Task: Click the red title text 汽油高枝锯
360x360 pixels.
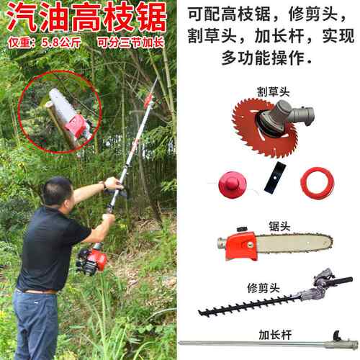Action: point(86,18)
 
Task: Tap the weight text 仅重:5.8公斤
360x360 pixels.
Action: point(45,42)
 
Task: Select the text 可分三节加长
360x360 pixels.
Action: point(131,42)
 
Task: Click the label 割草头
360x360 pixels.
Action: point(274,91)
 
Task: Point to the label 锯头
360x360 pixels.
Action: point(279,226)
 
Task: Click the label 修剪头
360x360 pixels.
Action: point(264,288)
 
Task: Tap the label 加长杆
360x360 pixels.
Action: point(275,335)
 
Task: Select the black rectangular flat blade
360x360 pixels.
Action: point(275,176)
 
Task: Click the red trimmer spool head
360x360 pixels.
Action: point(233,184)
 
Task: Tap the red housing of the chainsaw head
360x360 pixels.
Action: point(240,246)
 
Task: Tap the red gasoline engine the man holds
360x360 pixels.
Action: point(92,261)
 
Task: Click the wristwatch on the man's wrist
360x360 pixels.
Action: point(104,185)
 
